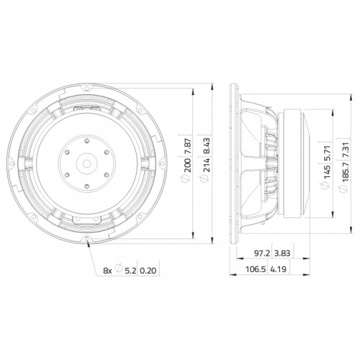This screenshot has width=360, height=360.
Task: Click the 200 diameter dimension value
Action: (188, 166)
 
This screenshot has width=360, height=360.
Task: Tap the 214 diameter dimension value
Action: (207, 166)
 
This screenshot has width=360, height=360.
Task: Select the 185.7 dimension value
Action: (346, 172)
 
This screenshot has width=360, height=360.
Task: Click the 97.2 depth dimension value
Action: (262, 253)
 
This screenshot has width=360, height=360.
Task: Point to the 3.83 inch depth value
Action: (282, 253)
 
